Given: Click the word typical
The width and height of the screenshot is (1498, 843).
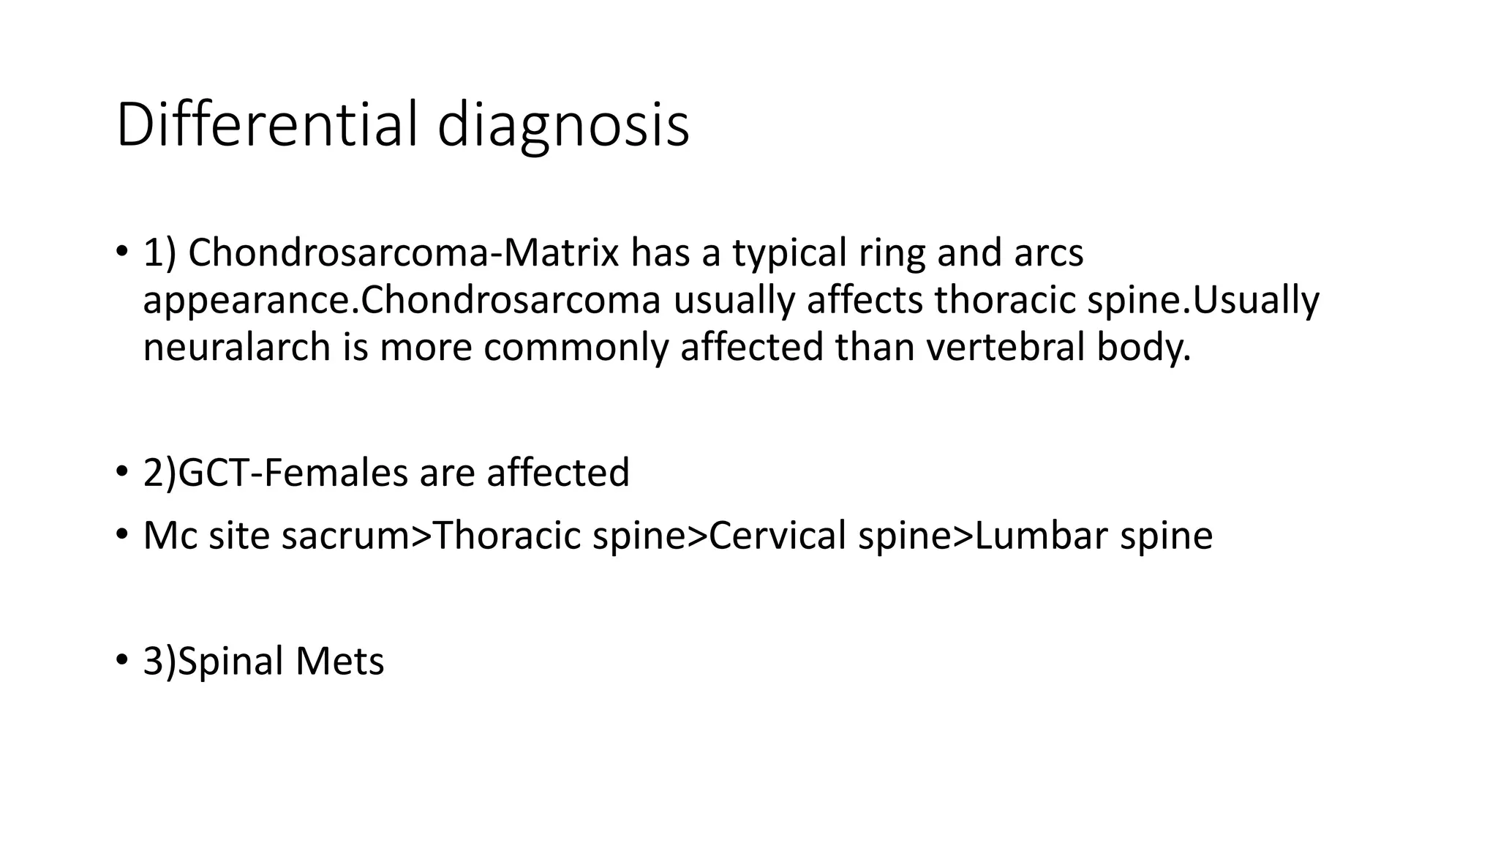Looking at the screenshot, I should [x=786, y=255].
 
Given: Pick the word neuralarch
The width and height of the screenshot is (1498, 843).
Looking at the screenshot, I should [x=237, y=347].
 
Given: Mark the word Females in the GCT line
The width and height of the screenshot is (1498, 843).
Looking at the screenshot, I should [x=336, y=472].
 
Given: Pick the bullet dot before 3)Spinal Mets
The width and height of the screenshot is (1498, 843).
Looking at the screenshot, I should [x=121, y=660].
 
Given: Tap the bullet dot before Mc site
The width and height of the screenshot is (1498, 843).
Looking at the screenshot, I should [x=121, y=534].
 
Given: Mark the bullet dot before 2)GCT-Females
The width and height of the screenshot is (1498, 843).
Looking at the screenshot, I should [x=121, y=471].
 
